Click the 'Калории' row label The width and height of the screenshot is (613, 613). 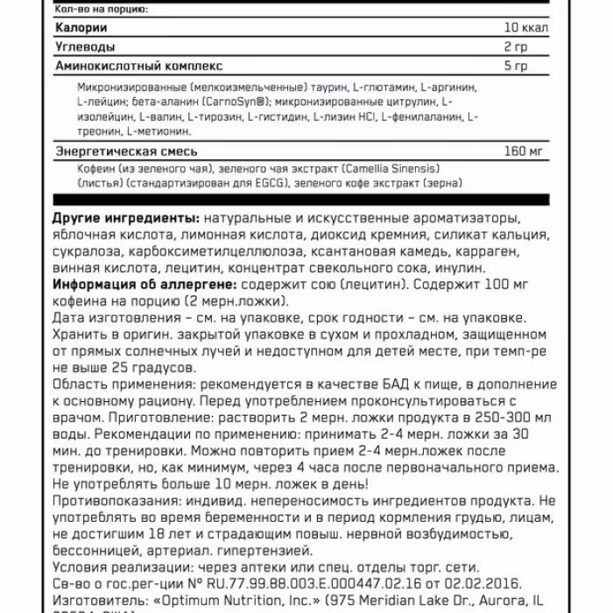click(76, 28)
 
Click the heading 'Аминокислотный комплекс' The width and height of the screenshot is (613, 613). click(138, 66)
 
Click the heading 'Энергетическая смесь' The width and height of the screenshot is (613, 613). click(126, 151)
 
